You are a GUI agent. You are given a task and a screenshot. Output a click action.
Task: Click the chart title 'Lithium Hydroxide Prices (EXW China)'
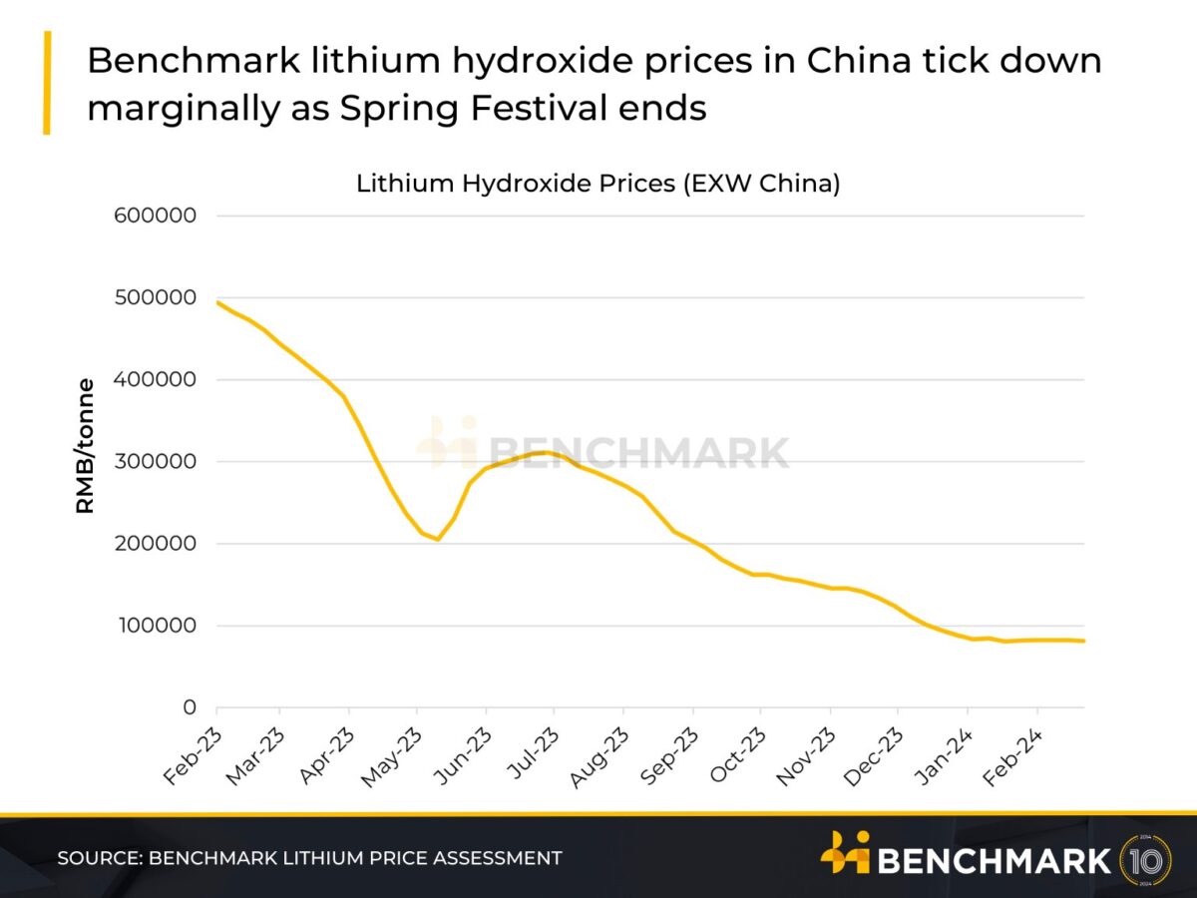[598, 184]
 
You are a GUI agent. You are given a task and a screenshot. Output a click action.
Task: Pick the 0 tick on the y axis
[189, 708]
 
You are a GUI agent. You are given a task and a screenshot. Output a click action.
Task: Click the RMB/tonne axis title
[86, 446]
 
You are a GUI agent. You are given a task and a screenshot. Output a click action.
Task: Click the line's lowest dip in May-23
[437, 539]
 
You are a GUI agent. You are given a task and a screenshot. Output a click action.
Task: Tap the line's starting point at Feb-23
[217, 302]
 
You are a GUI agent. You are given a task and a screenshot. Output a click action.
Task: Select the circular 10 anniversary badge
[1146, 859]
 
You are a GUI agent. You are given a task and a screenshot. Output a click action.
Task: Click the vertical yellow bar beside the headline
[46, 83]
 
